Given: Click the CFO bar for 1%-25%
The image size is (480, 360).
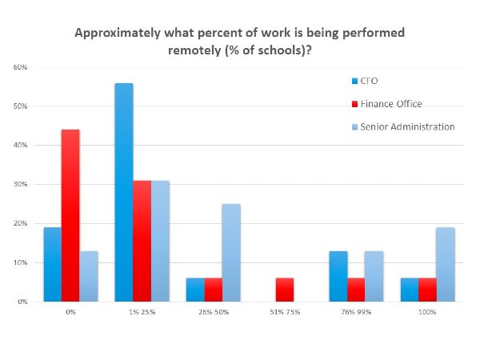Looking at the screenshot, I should (x=124, y=192).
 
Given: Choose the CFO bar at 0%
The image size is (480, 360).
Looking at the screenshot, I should (x=53, y=265).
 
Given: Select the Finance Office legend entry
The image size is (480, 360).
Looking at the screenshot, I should (x=389, y=103).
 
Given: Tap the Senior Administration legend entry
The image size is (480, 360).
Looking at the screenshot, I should (x=403, y=126).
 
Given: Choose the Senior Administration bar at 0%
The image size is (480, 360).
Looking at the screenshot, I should (x=88, y=277).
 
